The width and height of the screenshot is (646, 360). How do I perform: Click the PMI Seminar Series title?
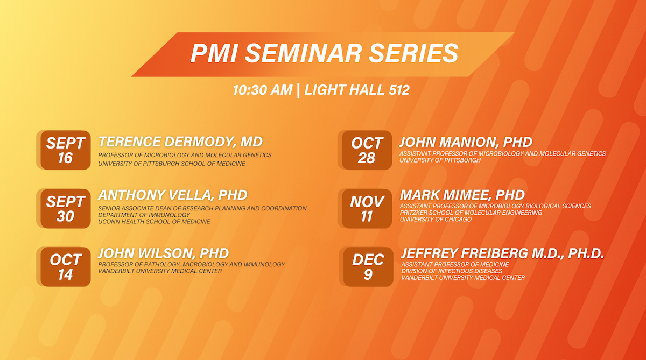click(x=325, y=53)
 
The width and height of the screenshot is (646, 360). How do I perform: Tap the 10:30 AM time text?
click(x=263, y=90)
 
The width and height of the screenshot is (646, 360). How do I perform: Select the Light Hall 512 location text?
click(x=357, y=90)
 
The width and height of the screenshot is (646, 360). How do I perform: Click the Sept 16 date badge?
click(x=66, y=150)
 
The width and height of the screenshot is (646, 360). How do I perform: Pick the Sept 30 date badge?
click(x=66, y=209)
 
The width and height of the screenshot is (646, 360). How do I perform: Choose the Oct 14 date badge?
click(x=66, y=267)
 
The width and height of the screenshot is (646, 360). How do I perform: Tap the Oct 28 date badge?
click(x=367, y=150)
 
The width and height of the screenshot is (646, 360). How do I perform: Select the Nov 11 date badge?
click(x=367, y=209)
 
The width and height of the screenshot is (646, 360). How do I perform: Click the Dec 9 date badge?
click(x=368, y=267)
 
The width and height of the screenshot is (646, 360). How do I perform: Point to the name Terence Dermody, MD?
click(x=180, y=142)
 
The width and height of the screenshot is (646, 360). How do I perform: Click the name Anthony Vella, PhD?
click(x=173, y=195)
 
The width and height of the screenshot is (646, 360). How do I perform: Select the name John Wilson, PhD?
click(x=164, y=253)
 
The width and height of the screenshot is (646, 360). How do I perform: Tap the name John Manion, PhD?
click(x=466, y=142)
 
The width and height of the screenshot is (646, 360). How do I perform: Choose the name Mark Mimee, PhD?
click(x=462, y=195)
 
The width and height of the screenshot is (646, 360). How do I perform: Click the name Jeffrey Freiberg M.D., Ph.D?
click(x=503, y=253)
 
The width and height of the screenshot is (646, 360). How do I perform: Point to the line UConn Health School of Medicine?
click(x=155, y=222)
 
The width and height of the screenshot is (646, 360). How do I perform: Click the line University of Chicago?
click(x=436, y=220)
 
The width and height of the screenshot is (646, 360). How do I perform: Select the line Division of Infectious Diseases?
click(x=452, y=271)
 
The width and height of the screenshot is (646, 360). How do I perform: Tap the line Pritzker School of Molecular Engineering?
click(x=471, y=213)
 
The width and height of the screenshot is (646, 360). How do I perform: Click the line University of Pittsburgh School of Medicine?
click(x=172, y=164)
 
